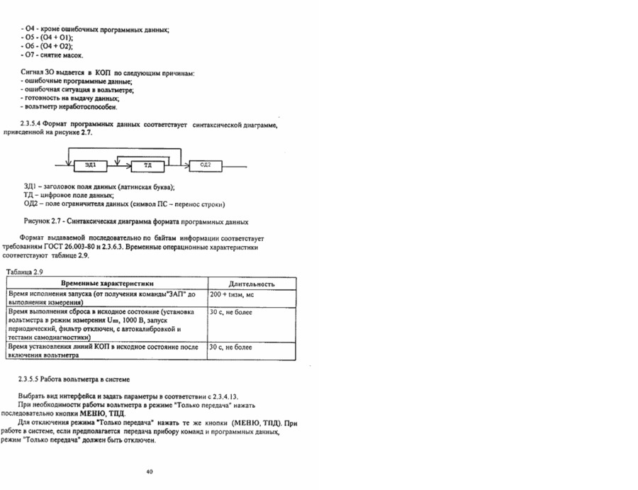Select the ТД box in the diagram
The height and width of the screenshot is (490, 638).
[148, 166]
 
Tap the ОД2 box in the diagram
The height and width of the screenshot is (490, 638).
[206, 165]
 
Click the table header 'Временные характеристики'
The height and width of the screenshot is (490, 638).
[106, 284]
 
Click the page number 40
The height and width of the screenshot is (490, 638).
[149, 472]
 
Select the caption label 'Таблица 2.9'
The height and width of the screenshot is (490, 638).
[25, 272]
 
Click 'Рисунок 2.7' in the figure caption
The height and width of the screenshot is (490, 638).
[44, 221]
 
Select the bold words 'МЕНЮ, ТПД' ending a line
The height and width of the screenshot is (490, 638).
[100, 413]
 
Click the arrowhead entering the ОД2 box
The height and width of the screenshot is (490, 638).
[186, 165]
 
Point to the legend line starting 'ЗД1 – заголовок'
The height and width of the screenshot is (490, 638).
[99, 187]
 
